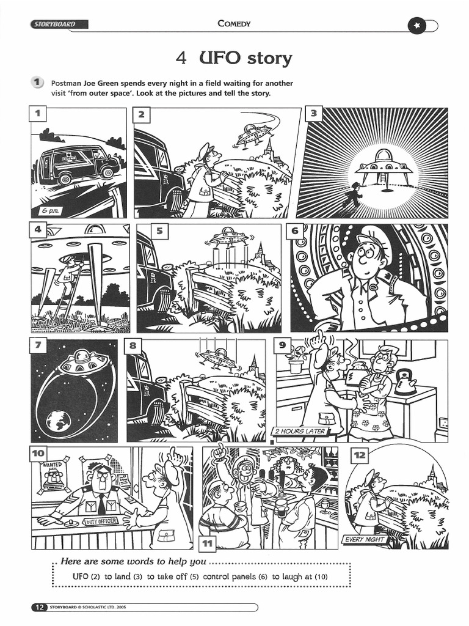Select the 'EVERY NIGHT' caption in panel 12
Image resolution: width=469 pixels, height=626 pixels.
[365, 539]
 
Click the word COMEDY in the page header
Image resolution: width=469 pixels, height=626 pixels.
[234, 24]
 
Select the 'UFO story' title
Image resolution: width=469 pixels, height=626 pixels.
[234, 59]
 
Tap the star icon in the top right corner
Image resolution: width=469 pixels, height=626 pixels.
[416, 26]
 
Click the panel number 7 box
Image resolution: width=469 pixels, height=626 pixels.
[38, 346]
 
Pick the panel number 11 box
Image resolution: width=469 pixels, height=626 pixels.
[208, 542]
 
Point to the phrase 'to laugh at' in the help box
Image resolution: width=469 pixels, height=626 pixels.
[293, 576]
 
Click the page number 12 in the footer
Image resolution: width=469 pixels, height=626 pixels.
[38, 607]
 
